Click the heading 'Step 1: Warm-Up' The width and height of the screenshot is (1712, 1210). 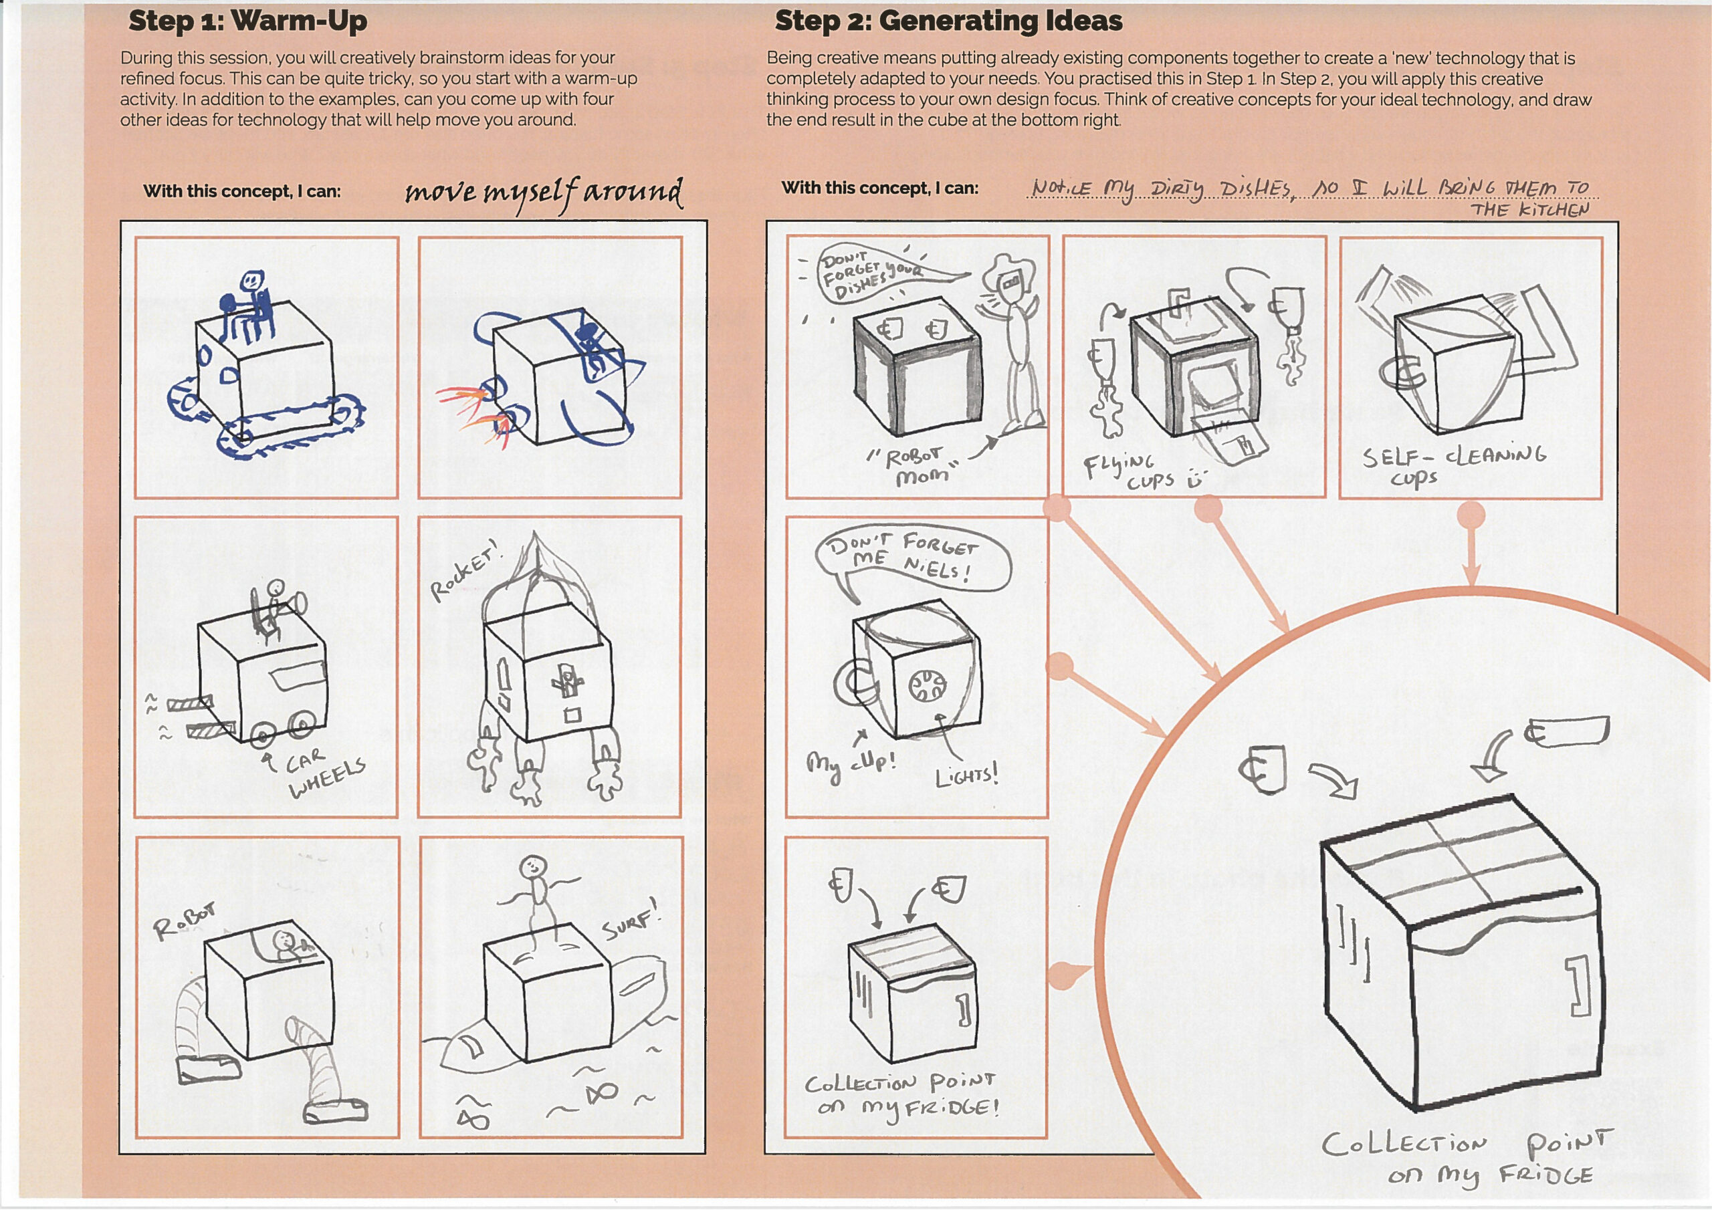click(x=247, y=21)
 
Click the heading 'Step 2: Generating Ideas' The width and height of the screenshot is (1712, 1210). click(x=948, y=21)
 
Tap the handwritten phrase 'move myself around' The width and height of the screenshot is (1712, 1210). click(x=543, y=193)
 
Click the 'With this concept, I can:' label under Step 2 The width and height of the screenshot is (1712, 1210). click(x=880, y=188)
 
